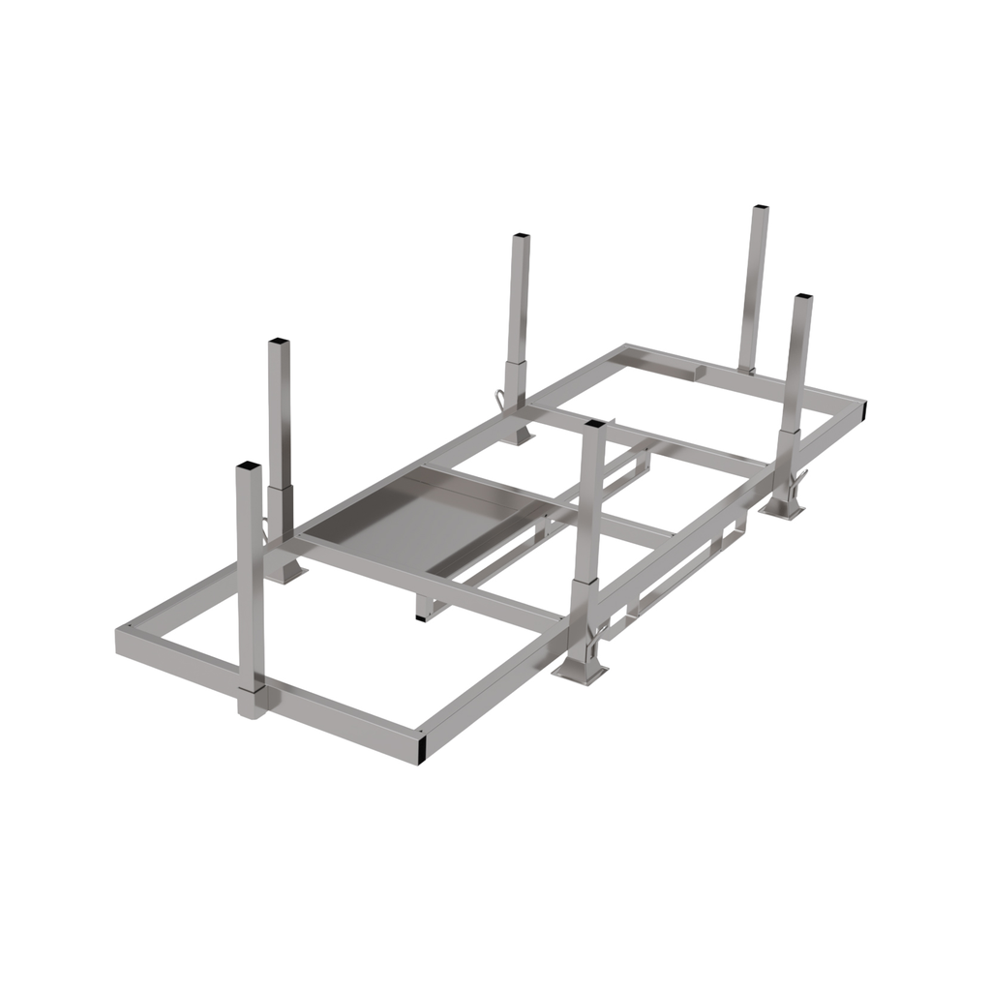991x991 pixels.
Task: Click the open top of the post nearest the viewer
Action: tap(249, 467)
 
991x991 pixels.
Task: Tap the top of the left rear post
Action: tap(279, 343)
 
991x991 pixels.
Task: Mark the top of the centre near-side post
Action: tap(594, 425)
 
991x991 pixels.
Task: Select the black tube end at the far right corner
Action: tap(858, 414)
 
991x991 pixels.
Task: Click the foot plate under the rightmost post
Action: tap(785, 509)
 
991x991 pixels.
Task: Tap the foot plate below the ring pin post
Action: tap(521, 435)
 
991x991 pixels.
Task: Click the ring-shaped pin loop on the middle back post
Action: tap(499, 398)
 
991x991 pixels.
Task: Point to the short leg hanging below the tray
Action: tap(425, 608)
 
